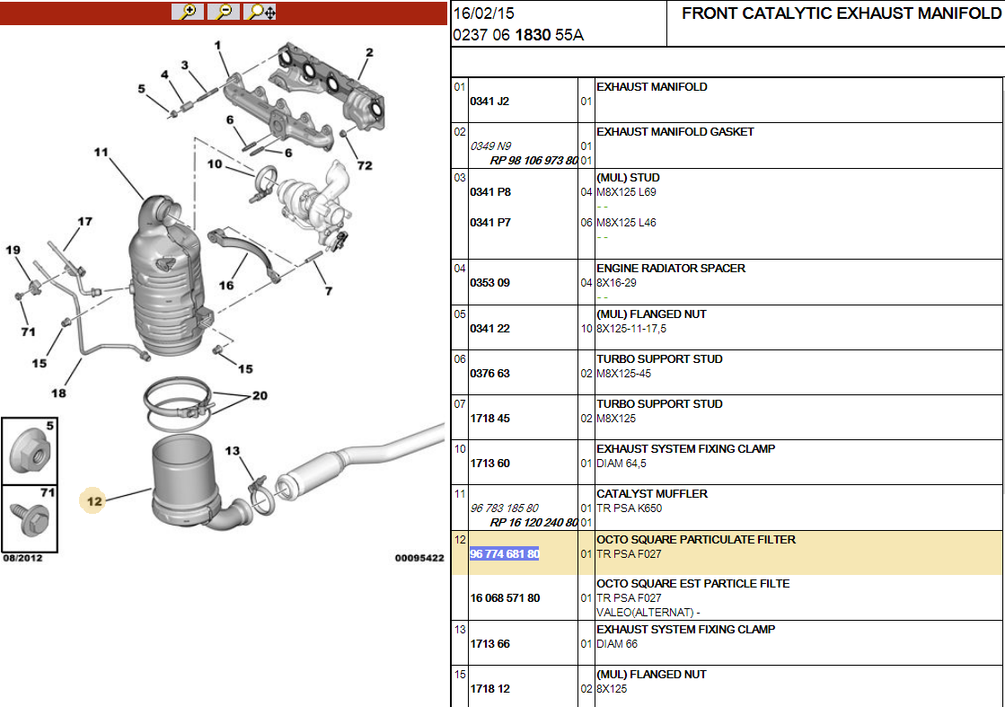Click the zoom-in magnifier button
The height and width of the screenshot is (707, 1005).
point(188,12)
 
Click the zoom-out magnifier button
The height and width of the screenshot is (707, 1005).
point(224,12)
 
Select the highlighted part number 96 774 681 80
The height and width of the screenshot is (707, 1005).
point(505,553)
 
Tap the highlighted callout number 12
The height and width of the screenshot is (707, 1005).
point(94,501)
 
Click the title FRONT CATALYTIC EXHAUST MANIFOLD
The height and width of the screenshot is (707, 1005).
point(841,13)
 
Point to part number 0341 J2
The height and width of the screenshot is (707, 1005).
point(489,102)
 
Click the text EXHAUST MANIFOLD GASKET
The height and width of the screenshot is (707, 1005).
point(674,131)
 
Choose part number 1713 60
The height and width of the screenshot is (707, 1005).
point(489,463)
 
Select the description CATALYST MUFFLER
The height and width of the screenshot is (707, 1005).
point(652,493)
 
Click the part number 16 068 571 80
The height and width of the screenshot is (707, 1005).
point(505,598)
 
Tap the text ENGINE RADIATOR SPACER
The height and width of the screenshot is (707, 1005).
point(670,268)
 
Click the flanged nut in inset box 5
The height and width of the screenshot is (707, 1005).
point(30,451)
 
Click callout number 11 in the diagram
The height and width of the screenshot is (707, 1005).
point(101,152)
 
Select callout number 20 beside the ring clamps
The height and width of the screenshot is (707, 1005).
point(260,395)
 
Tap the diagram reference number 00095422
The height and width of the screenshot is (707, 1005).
point(419,558)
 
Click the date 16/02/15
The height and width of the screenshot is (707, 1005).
point(483,13)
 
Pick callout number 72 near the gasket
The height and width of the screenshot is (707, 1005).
point(365,165)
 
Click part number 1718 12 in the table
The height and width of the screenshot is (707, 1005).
point(489,688)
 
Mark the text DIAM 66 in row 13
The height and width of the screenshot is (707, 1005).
point(617,643)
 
